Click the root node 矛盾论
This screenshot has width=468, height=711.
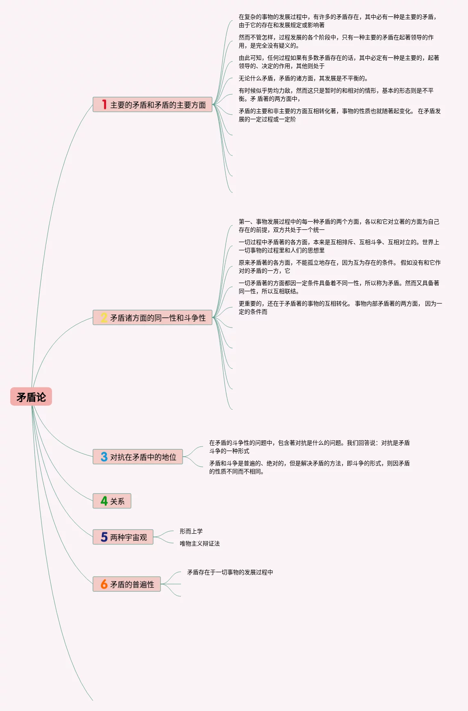click(31, 396)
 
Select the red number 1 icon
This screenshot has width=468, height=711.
click(104, 105)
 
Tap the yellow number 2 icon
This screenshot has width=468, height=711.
click(104, 318)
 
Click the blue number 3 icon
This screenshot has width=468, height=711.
click(104, 457)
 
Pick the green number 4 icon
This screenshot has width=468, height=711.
click(104, 501)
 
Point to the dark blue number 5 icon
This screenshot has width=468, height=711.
click(104, 537)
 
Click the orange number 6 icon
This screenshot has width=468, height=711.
click(104, 584)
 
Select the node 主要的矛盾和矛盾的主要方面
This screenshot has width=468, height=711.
click(158, 105)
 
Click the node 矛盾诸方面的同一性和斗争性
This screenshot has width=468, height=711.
click(158, 318)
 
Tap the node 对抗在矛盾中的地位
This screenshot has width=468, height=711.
click(143, 457)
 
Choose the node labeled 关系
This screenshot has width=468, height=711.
click(118, 501)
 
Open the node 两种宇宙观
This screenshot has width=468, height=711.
click(129, 537)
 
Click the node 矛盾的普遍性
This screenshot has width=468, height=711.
click(132, 584)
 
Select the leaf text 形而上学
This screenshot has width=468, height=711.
click(191, 531)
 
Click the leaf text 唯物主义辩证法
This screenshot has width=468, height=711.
click(199, 543)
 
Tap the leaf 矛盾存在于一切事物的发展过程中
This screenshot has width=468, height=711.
click(230, 572)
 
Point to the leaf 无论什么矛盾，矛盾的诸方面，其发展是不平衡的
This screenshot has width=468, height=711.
click(303, 78)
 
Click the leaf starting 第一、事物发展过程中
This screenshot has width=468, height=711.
click(338, 226)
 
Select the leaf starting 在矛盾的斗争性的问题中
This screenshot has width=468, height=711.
click(309, 447)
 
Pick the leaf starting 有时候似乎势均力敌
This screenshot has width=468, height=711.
click(336, 95)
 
